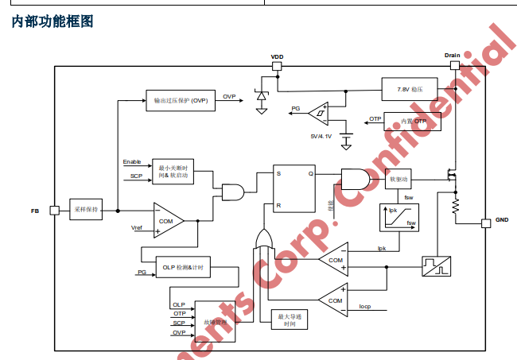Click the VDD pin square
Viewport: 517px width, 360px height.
(277, 67)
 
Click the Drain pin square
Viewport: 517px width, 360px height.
(452, 67)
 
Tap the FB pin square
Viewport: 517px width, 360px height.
(55, 211)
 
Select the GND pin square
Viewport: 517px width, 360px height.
(485, 223)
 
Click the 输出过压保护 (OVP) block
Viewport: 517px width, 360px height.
(181, 100)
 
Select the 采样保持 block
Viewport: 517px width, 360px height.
(86, 210)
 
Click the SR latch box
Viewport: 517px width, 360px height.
(294, 190)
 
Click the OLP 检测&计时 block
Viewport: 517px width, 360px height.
(182, 268)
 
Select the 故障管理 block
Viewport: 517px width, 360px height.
(215, 322)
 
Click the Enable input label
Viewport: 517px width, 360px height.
(132, 162)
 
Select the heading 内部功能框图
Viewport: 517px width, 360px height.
(52, 22)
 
